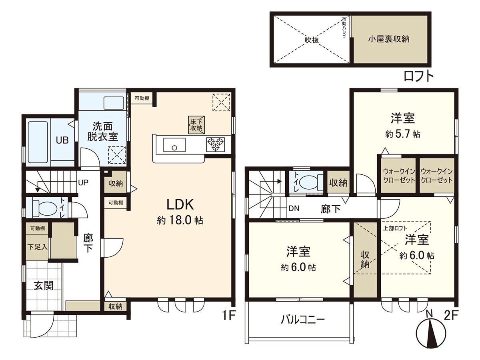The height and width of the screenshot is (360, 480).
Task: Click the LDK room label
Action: point(180,205)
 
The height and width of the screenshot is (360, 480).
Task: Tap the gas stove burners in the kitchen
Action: point(216,144)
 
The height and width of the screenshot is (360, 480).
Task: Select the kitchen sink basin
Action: point(174,144)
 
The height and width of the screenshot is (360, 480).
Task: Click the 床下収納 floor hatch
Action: point(196,124)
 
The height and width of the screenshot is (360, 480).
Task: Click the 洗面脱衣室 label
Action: point(102,131)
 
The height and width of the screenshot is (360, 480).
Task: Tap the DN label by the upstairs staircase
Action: point(294,208)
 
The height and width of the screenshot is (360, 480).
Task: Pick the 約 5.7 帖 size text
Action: point(402,134)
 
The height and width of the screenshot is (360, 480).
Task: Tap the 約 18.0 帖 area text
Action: point(180,220)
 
